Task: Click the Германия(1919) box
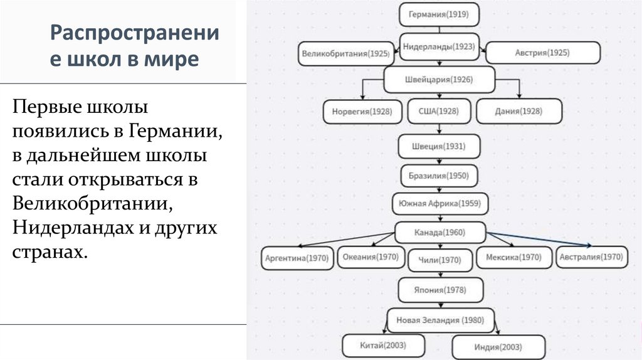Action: pyautogui.click(x=438, y=14)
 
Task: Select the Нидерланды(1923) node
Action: pyautogui.click(x=438, y=46)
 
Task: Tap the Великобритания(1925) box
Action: pyautogui.click(x=345, y=53)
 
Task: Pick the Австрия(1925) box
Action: pyautogui.click(x=543, y=53)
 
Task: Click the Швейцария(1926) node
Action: pyautogui.click(x=439, y=80)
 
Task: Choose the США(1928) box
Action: pyautogui.click(x=438, y=112)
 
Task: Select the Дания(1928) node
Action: pyautogui.click(x=518, y=112)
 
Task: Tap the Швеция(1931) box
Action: pyautogui.click(x=438, y=146)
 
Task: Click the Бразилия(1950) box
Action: pyautogui.click(x=438, y=176)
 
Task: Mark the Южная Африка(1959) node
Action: pyautogui.click(x=440, y=203)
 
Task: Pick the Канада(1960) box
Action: pyautogui.click(x=441, y=233)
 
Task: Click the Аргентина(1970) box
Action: pyautogui.click(x=298, y=258)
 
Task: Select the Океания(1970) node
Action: pyautogui.click(x=371, y=257)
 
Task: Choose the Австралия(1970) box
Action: pyautogui.click(x=591, y=257)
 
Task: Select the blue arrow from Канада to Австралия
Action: pyautogui.click(x=539, y=239)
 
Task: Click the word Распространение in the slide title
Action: pyautogui.click(x=135, y=33)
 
